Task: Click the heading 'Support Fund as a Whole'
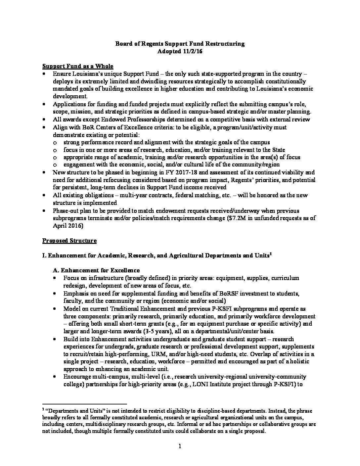tap(78, 66)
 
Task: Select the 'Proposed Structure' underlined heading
tap(69, 241)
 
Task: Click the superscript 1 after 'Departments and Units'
tap(270, 254)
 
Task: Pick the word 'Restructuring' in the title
tap(227, 44)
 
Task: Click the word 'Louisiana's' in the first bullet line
tap(87, 74)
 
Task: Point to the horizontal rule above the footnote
tap(85, 404)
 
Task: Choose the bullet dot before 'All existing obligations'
tap(44, 195)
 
